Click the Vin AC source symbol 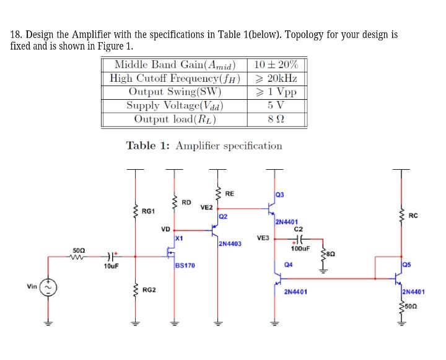(x=48, y=289)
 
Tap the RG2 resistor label (x=149, y=290)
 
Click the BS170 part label (x=185, y=265)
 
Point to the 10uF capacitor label (x=111, y=266)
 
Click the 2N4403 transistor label (x=230, y=244)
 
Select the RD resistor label (x=186, y=202)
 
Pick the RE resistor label (x=229, y=194)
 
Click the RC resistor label (x=414, y=216)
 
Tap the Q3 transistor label (x=279, y=195)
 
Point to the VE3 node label (x=263, y=237)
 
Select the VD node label (x=166, y=229)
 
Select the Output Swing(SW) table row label (x=175, y=92)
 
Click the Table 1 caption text (x=204, y=146)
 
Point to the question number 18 (x=17, y=35)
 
